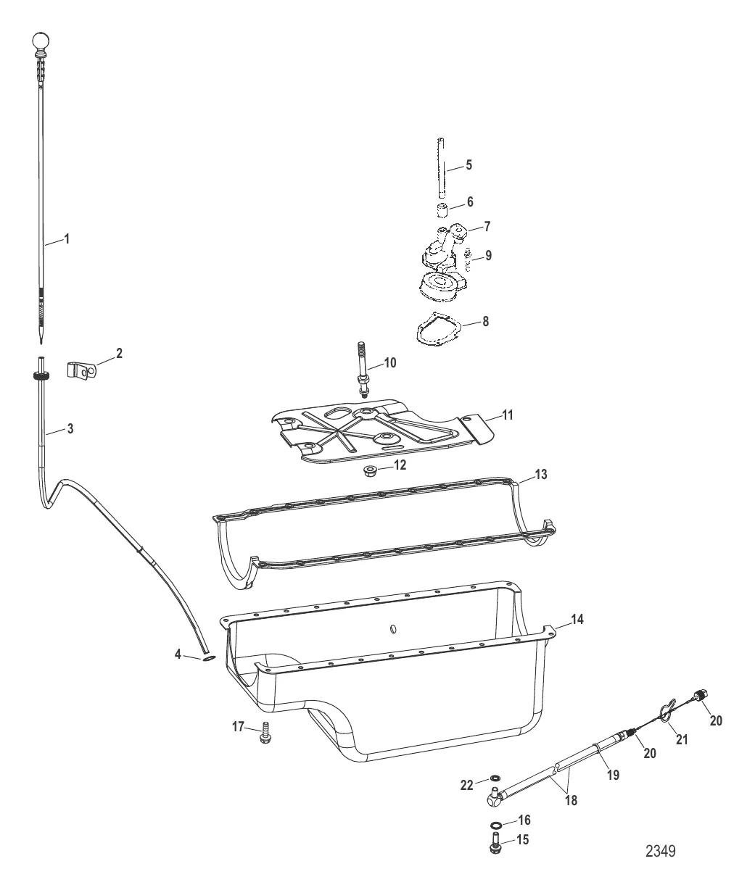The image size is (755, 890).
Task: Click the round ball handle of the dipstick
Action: [41, 41]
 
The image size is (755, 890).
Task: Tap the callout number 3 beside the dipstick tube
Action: [70, 428]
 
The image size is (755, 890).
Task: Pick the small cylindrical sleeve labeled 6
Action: [441, 211]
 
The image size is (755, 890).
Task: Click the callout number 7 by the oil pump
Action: [487, 226]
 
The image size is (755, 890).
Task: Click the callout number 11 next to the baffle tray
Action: [508, 415]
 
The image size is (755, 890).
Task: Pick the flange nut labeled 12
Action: [369, 470]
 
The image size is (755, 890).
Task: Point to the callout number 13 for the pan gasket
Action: [541, 474]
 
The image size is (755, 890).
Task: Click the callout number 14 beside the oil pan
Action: [577, 619]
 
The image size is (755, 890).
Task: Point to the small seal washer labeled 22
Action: [495, 778]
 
